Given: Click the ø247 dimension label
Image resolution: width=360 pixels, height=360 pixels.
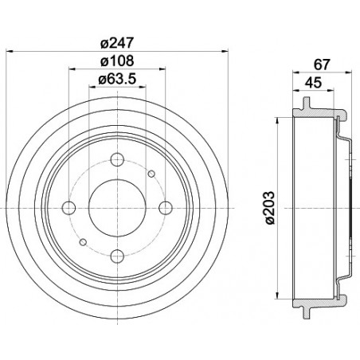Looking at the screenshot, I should (115, 44).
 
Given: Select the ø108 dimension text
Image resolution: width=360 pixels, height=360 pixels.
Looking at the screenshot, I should (115, 61).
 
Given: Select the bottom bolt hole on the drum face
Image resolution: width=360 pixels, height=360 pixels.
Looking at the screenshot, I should (116, 256).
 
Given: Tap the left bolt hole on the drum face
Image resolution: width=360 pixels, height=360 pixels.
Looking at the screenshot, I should (68, 207).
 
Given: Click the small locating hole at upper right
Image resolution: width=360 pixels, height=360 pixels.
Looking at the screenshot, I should (151, 173).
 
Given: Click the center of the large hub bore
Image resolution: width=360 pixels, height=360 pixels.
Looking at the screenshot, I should (116, 207).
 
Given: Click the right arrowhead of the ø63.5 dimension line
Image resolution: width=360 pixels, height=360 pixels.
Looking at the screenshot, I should (143, 86).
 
